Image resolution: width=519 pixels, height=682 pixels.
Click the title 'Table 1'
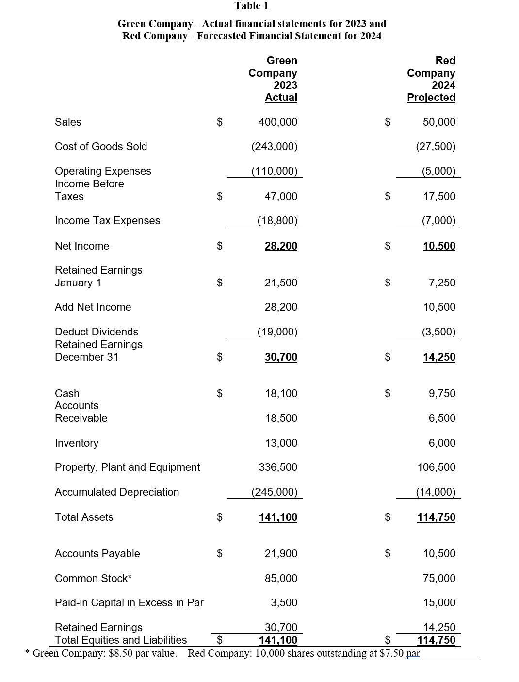click(251, 6)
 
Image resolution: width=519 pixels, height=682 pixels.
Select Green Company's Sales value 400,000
click(277, 122)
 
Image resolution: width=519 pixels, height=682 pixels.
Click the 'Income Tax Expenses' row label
click(107, 221)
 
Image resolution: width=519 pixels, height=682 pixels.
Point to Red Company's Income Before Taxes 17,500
click(439, 197)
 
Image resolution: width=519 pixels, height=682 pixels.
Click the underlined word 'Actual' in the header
click(281, 98)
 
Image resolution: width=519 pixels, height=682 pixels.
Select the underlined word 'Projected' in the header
click(431, 98)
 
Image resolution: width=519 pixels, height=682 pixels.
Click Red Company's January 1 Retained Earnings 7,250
click(442, 283)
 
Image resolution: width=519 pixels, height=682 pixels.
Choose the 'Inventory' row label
click(77, 443)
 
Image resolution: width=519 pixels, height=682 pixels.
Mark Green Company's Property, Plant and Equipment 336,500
click(277, 467)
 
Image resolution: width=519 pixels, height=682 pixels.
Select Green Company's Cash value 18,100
click(281, 394)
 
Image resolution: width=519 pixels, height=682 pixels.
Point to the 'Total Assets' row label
click(84, 517)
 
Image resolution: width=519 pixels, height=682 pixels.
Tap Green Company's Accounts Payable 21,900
click(281, 554)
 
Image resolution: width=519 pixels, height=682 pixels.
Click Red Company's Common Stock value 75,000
click(439, 579)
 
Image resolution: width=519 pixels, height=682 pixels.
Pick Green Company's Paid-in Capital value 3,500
click(284, 603)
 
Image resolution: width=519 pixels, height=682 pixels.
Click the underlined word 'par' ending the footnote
click(413, 654)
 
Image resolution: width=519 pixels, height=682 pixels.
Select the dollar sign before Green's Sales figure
click(219, 122)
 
